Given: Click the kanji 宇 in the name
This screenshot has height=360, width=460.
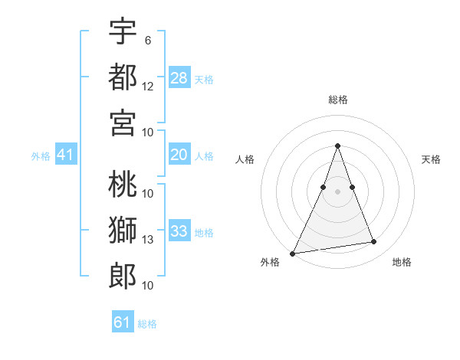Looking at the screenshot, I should (x=123, y=31).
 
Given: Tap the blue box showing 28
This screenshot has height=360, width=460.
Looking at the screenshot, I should (x=179, y=77).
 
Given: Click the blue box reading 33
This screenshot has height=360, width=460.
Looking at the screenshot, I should (x=179, y=231).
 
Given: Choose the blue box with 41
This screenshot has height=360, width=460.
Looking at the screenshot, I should (x=65, y=155).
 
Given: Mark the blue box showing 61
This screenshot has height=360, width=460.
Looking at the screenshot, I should (x=122, y=322).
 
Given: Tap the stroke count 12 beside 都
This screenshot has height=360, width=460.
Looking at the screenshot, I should (x=148, y=87).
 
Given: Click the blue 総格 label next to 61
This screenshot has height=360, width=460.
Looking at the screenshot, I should (x=147, y=324).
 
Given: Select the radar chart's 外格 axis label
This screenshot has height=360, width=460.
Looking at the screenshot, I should (x=270, y=262).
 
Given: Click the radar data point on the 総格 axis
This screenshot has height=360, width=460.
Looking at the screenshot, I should (x=337, y=146).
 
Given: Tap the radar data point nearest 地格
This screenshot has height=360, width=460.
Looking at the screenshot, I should (x=374, y=242).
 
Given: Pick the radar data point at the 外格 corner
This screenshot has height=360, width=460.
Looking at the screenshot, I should (x=292, y=253).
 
